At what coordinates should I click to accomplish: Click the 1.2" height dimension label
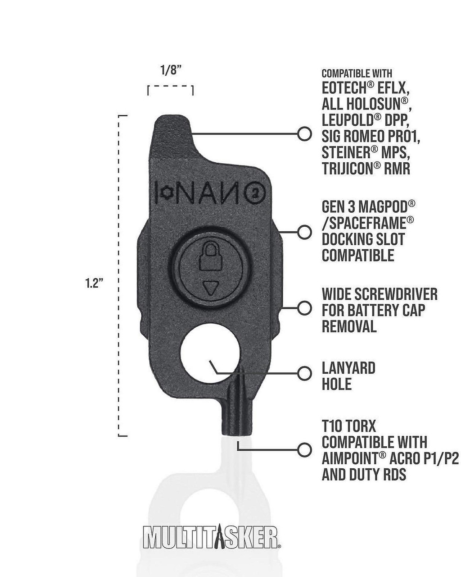click(x=95, y=285)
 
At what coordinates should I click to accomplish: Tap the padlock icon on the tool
click(x=208, y=259)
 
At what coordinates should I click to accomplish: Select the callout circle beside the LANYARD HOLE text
click(x=305, y=373)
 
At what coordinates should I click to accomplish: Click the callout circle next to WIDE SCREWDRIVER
click(x=305, y=308)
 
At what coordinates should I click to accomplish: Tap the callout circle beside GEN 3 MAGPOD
click(x=305, y=232)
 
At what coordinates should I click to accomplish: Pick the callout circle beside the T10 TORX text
click(x=305, y=449)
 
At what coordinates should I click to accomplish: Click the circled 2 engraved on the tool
click(x=255, y=193)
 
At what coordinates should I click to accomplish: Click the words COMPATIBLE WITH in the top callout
click(x=357, y=73)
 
